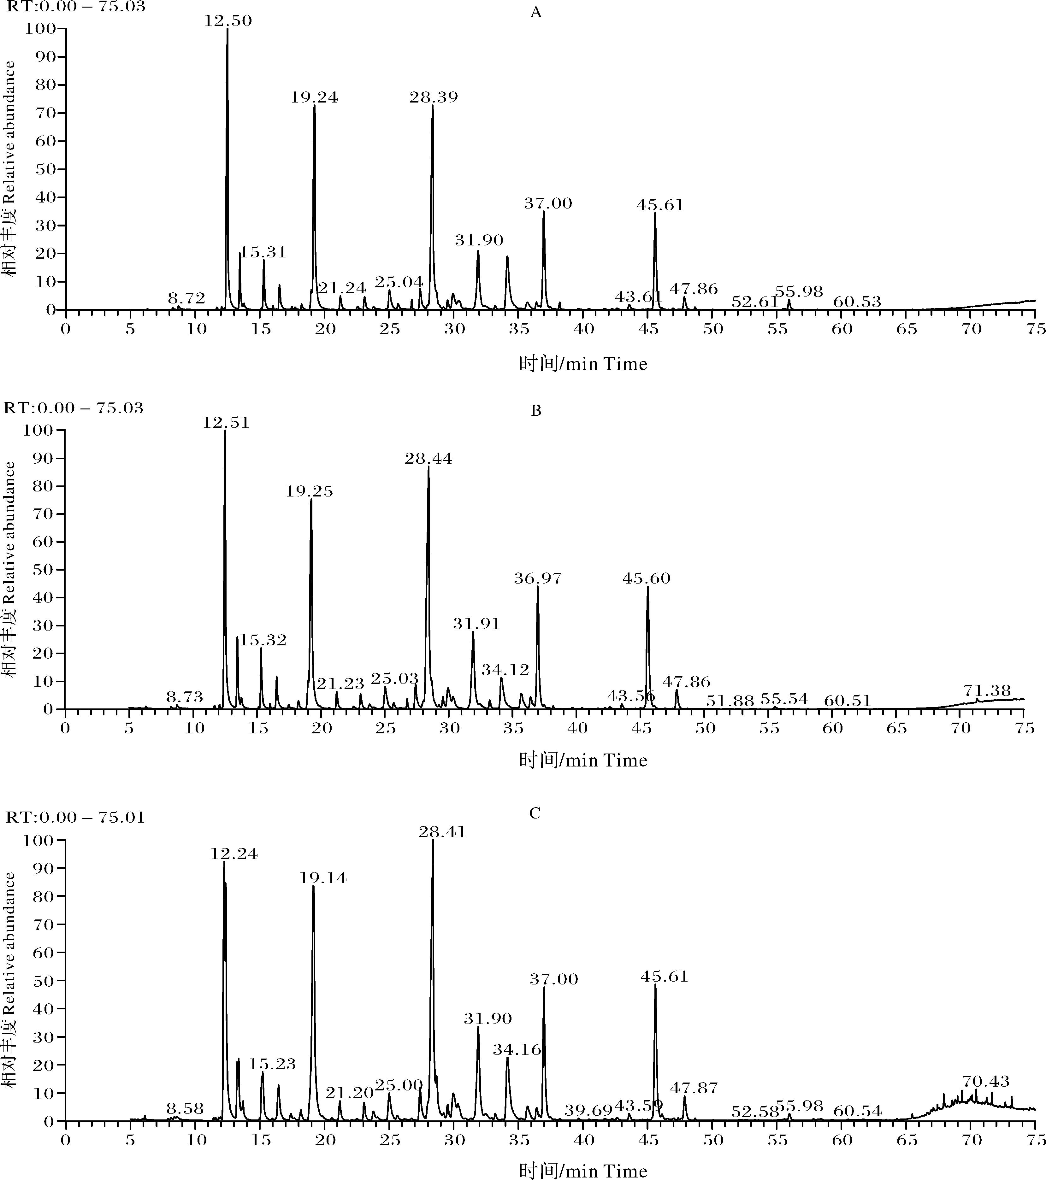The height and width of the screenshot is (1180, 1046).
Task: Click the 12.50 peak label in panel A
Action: (228, 21)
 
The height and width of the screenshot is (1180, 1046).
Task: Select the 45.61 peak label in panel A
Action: (660, 205)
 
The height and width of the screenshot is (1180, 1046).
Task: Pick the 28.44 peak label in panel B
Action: (428, 459)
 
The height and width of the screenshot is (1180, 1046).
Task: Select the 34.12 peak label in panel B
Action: (505, 670)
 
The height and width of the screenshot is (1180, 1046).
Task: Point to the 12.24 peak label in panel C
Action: (234, 854)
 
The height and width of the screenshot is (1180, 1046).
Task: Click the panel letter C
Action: (535, 813)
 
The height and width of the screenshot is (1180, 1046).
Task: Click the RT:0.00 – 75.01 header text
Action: (75, 818)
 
